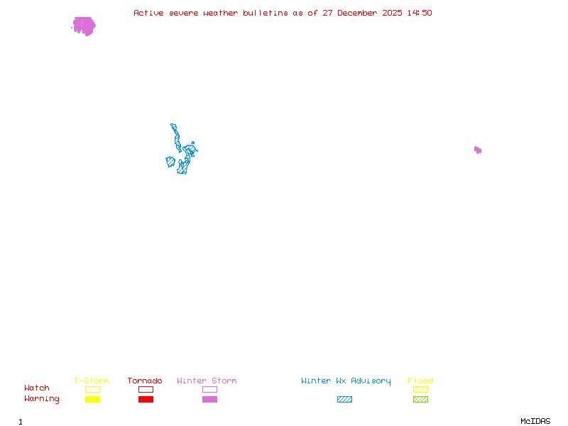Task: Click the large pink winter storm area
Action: [84, 26]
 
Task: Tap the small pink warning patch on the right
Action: [478, 150]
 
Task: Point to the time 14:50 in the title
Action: [420, 13]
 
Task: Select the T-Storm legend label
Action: [92, 381]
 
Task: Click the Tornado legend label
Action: [145, 381]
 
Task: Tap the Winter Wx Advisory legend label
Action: [346, 381]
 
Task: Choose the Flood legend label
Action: [420, 381]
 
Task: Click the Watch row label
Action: [37, 388]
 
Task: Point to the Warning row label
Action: [42, 399]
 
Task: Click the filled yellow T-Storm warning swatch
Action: [92, 400]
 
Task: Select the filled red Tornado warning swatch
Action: [146, 400]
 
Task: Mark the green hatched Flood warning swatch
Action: [420, 400]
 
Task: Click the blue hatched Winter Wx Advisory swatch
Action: [344, 400]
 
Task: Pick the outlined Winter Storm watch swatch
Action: [209, 389]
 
